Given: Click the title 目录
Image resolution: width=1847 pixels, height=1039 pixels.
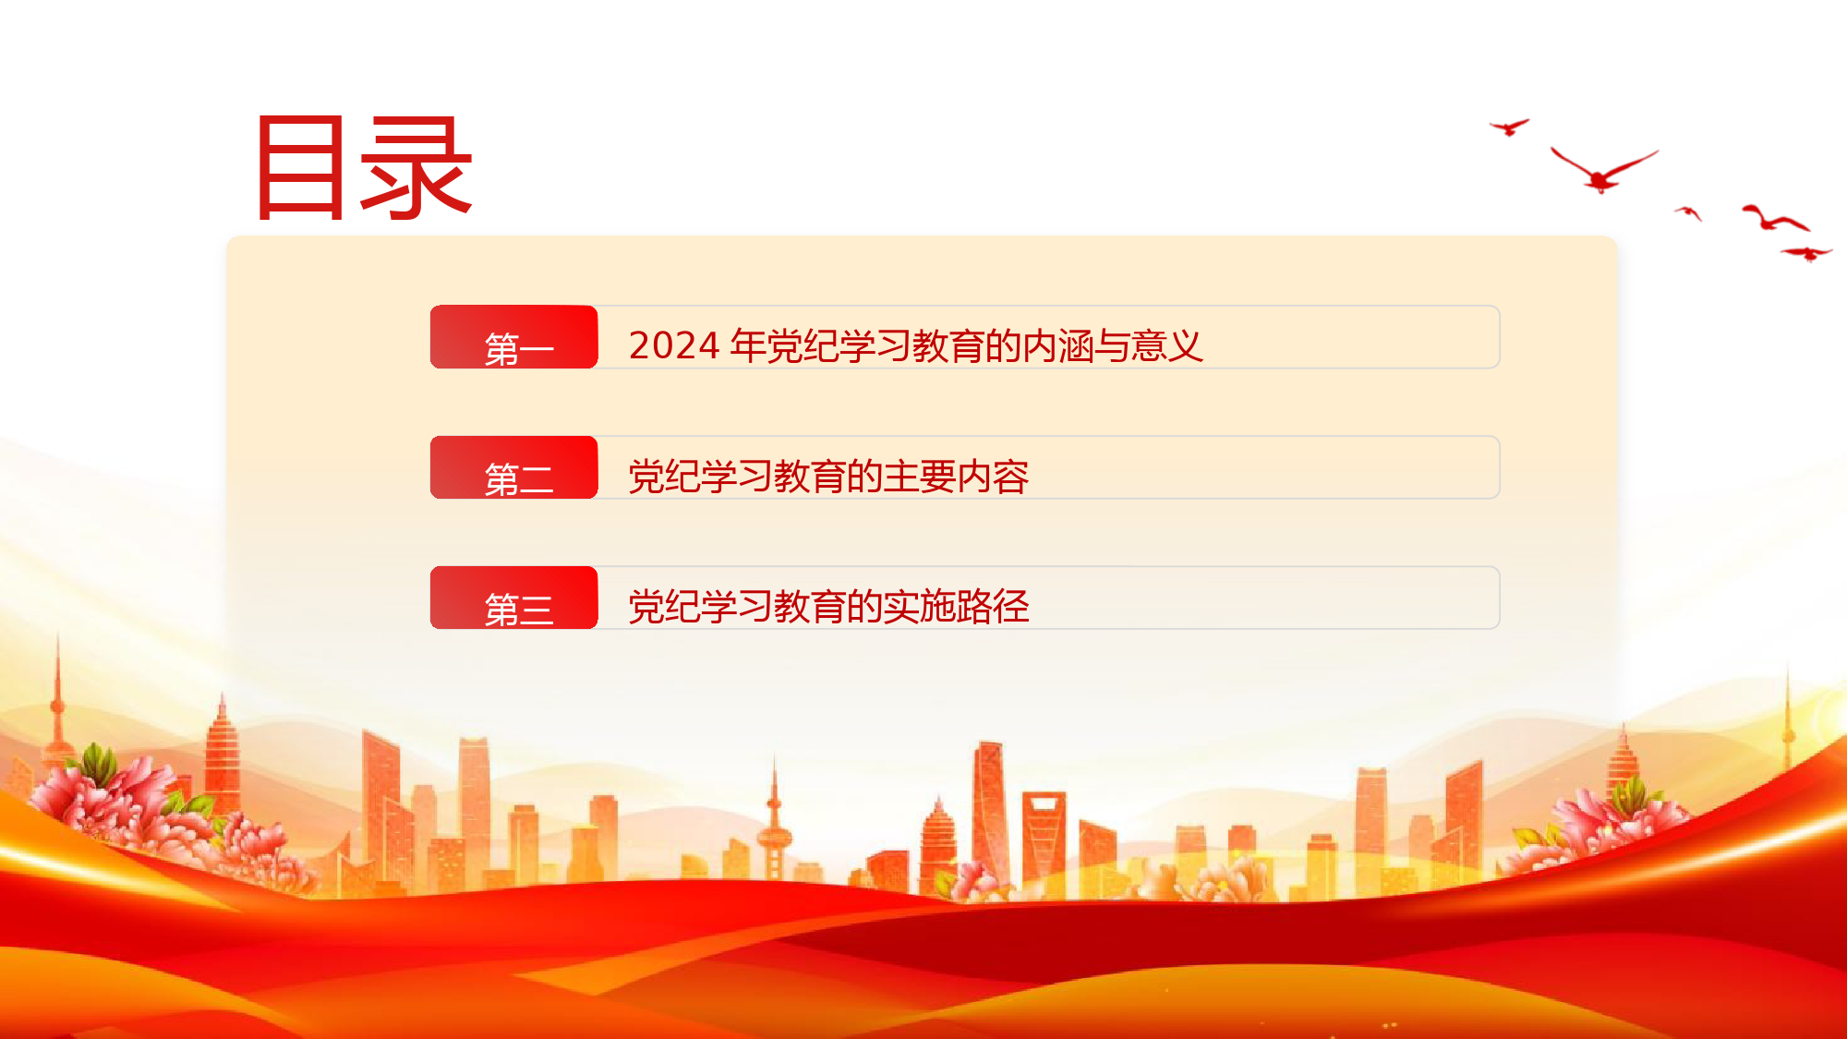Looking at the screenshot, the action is tap(364, 167).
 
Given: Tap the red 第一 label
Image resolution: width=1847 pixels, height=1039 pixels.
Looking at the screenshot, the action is tap(514, 337).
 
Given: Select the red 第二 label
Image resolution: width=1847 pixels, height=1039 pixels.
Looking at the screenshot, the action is tap(514, 467).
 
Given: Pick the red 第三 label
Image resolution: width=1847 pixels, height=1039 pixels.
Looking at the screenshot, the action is tap(514, 598).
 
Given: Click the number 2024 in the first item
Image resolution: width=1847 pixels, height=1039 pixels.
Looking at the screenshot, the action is tap(674, 345).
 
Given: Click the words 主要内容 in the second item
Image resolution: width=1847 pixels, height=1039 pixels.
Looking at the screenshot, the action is tap(956, 477).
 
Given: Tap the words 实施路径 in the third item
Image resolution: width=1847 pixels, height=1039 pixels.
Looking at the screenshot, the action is tap(956, 607).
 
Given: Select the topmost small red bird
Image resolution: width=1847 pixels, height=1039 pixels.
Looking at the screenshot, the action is tap(1510, 127).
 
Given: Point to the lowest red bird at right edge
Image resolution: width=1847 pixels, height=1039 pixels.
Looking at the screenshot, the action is tap(1806, 253).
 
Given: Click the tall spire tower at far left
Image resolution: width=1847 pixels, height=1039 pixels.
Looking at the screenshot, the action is tap(58, 702).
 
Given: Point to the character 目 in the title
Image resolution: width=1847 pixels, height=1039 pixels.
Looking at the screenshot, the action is tap(300, 167).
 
